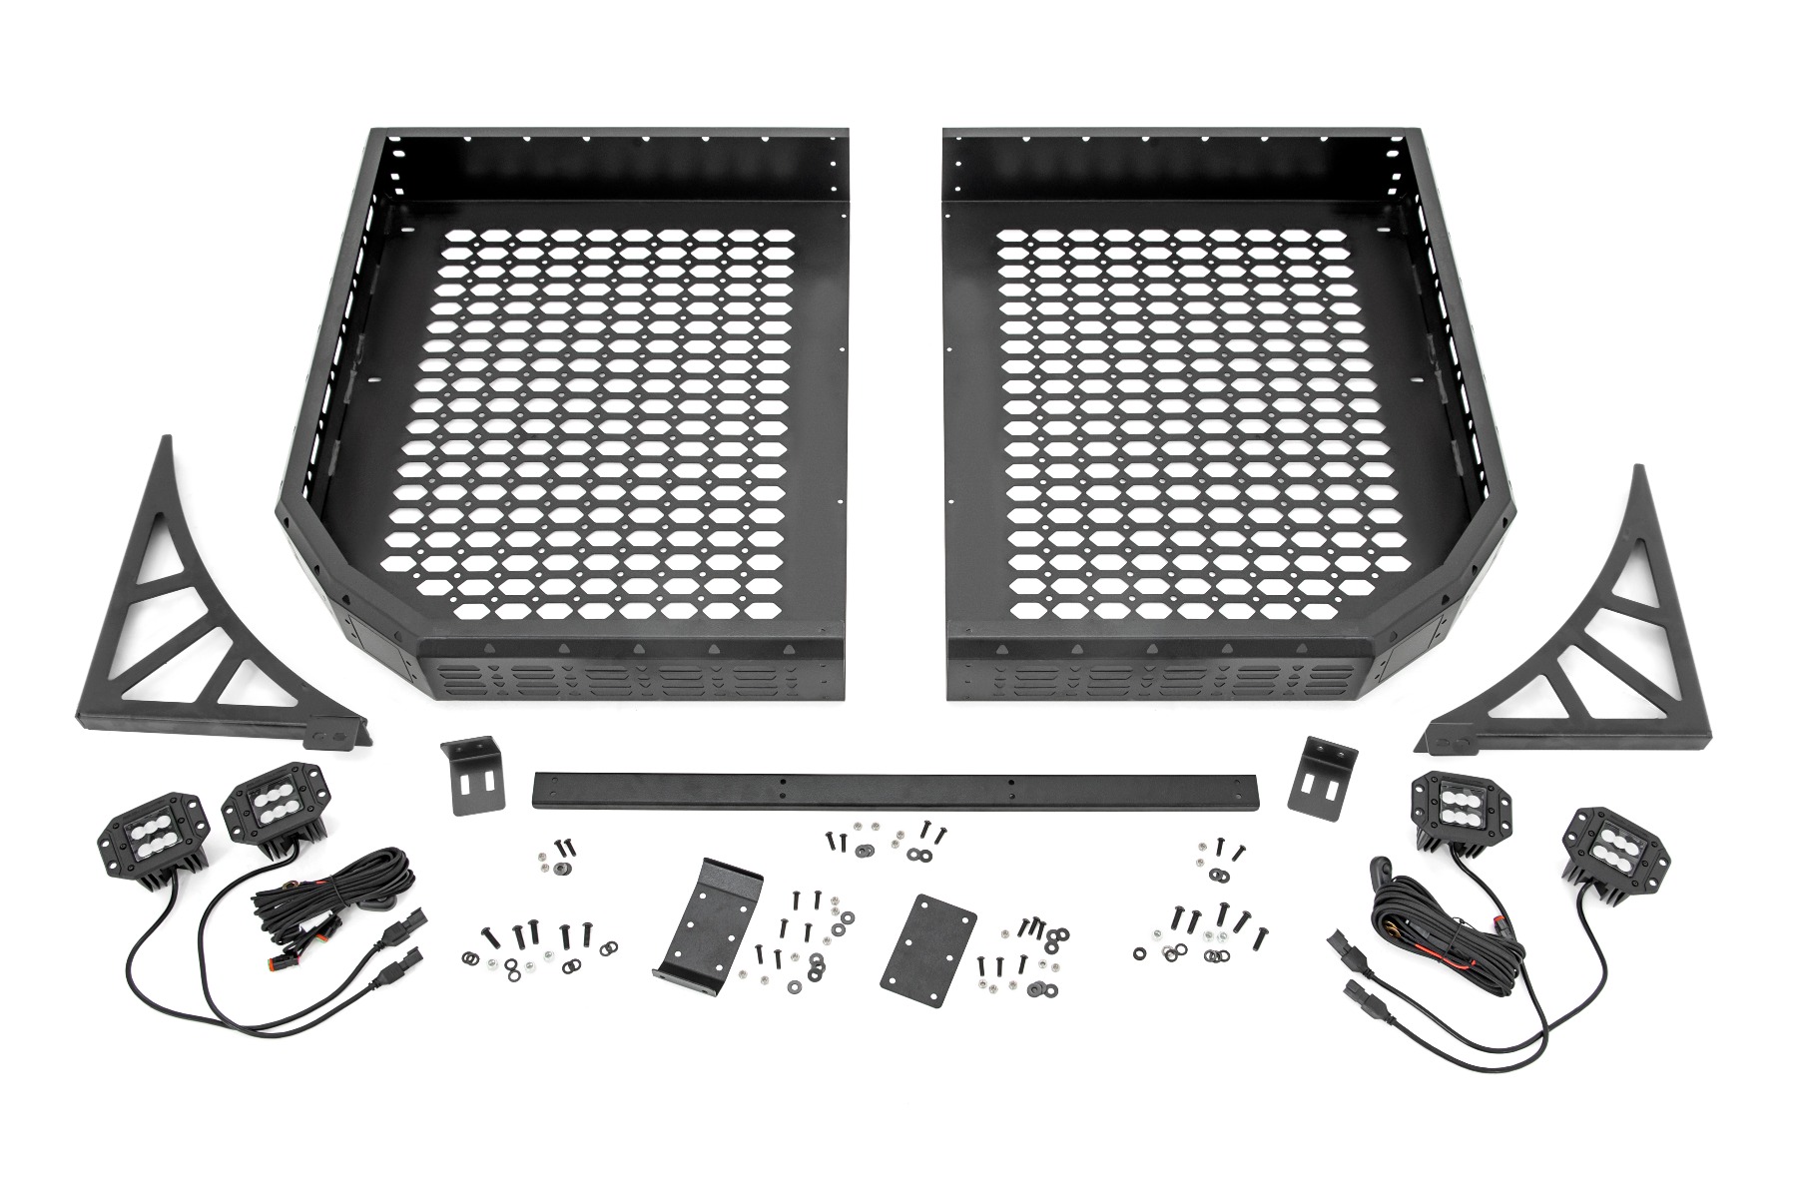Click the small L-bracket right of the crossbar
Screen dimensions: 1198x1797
pyautogui.click(x=1324, y=774)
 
